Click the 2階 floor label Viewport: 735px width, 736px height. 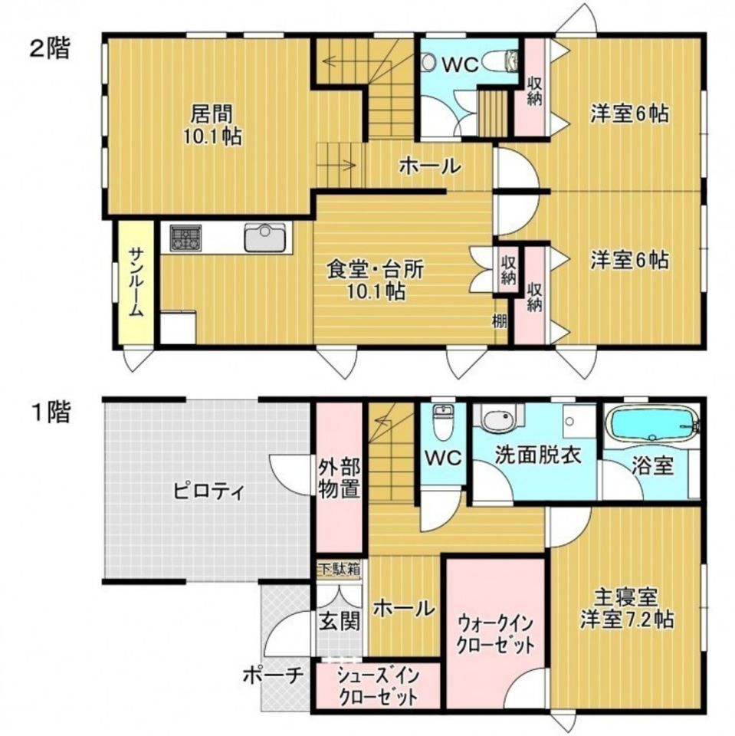(x=49, y=49)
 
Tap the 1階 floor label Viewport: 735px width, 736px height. (x=49, y=413)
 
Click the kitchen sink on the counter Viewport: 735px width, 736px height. (x=264, y=237)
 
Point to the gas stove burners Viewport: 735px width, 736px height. (x=185, y=237)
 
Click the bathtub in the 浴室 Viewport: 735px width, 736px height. (x=651, y=424)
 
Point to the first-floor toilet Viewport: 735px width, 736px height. (x=443, y=419)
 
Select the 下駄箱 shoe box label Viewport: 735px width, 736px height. (x=338, y=569)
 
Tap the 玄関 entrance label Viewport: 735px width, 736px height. (x=339, y=619)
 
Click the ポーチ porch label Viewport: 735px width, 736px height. (x=274, y=675)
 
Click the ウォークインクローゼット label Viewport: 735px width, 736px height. (x=494, y=633)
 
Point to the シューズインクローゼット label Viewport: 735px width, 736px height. (x=378, y=687)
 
